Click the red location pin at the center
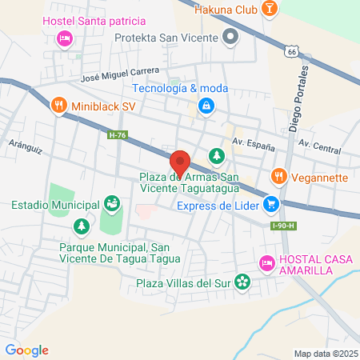[180, 163]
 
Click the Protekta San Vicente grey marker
[231, 37]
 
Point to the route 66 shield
[292, 50]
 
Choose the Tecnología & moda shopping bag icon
[206, 104]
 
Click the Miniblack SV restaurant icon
[58, 105]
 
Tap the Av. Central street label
[319, 147]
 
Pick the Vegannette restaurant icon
[278, 175]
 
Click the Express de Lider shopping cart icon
[273, 204]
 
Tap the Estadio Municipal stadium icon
[113, 205]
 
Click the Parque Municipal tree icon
[81, 227]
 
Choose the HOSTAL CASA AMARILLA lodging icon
[266, 262]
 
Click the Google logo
[26, 350]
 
